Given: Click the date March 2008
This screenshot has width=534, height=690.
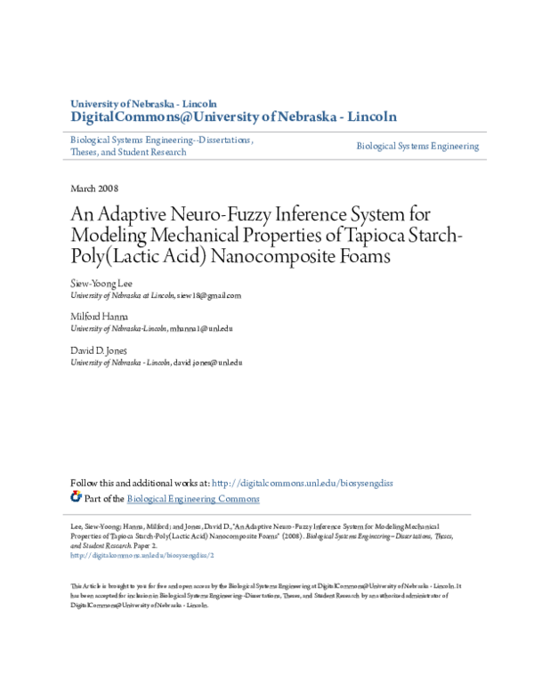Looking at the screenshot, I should pos(93,189).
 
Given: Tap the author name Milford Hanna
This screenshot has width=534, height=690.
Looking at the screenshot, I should pos(99,316).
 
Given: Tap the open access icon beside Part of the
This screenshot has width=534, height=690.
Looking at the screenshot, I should pos(76,498).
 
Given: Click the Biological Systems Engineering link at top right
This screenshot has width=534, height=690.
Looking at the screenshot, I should pos(417,146).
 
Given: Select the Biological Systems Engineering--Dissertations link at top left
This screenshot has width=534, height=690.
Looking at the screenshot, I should pos(161,140).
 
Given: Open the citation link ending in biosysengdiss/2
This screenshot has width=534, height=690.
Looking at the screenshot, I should pos(142,555).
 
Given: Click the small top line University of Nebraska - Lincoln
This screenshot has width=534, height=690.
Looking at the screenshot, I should pos(143,103).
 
